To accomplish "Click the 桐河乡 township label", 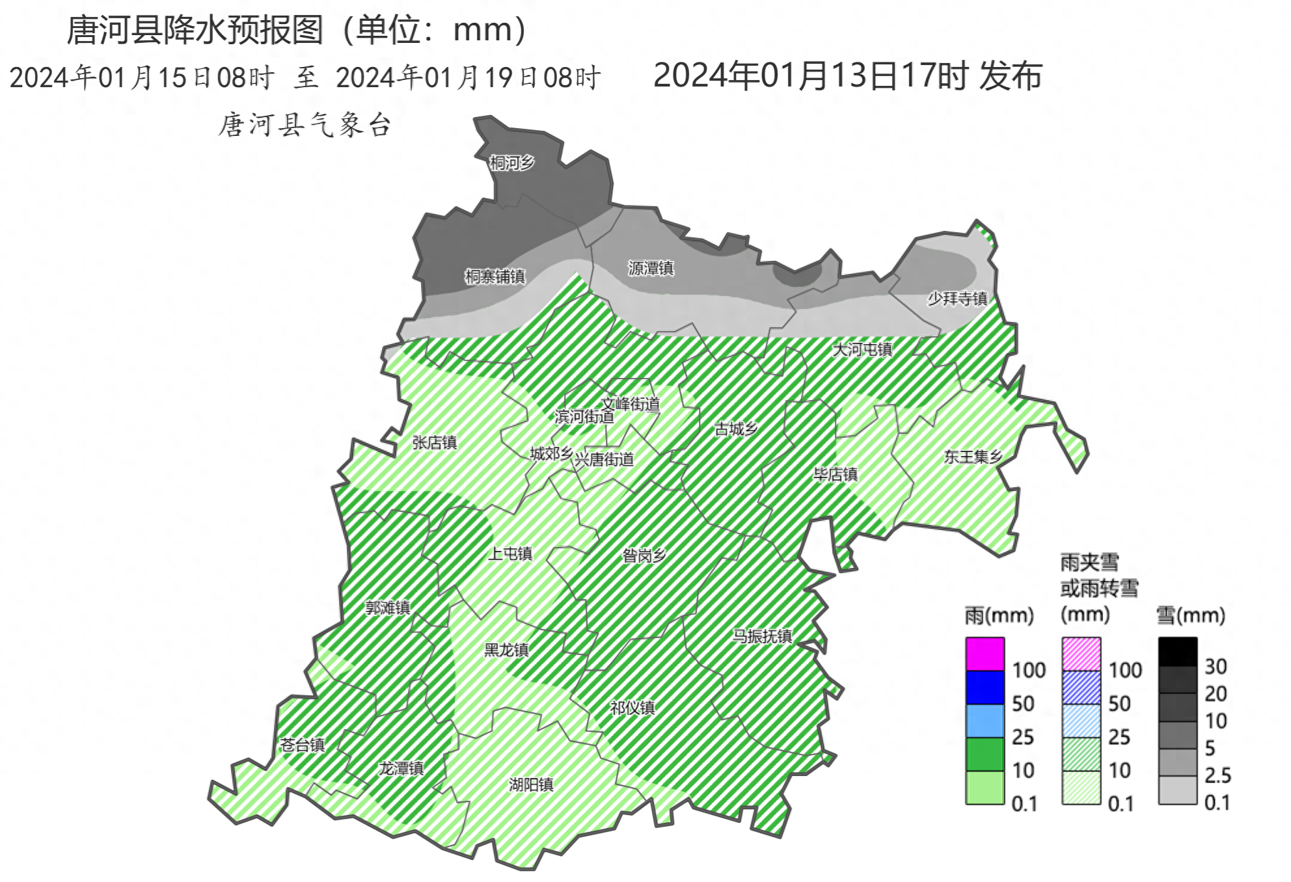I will point(511,163).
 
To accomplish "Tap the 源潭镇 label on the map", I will point(650,268).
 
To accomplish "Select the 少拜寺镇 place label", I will point(957,299).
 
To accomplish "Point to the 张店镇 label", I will point(434,443).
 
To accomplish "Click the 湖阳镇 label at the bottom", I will point(531,784).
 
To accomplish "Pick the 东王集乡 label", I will point(973,457).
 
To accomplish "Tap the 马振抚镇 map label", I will point(762,635).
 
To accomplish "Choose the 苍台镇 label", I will point(302,745).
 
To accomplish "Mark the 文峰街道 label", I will point(630,404).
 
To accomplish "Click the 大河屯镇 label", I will point(862,350).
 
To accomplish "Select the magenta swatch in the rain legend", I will point(985,654).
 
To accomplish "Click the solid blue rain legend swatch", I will point(985,688).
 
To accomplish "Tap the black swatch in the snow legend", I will point(1177,652).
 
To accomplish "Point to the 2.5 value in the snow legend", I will point(1217,775).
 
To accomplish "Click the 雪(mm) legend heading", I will point(1190,615).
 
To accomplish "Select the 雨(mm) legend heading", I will point(999,615).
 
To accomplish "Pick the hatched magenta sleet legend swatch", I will point(1081,654).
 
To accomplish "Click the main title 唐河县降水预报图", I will point(195,30).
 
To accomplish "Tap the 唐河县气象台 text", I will point(305,125).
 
